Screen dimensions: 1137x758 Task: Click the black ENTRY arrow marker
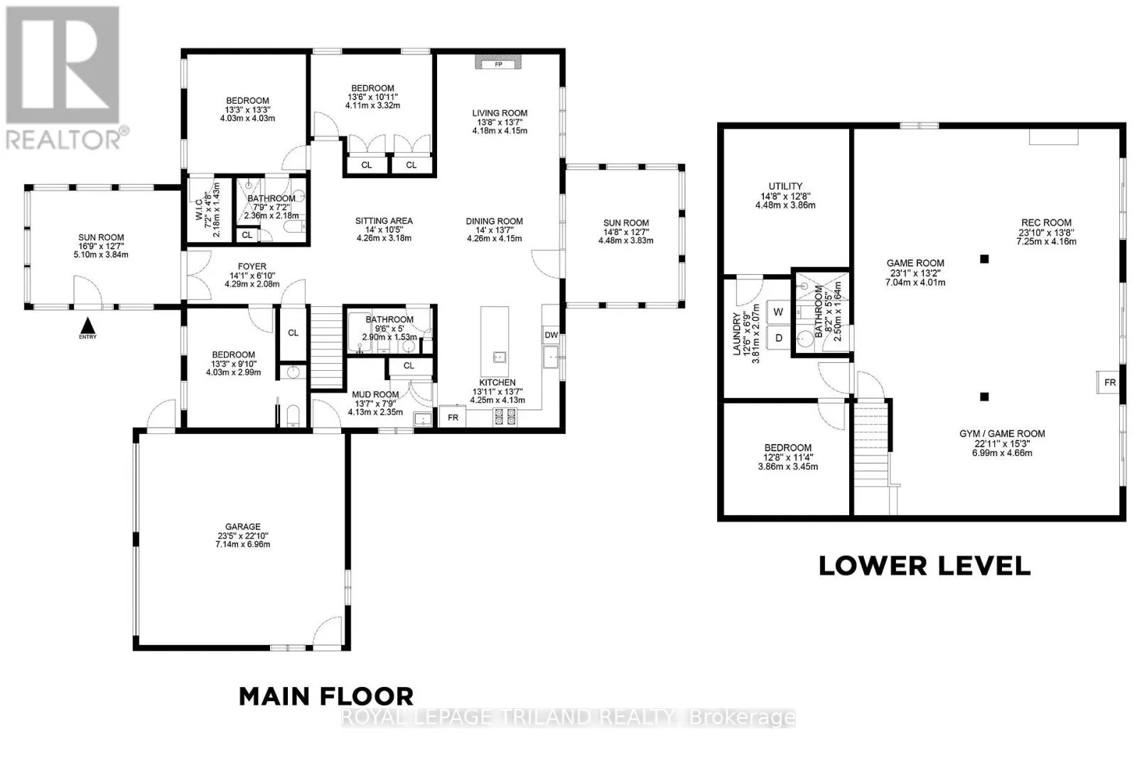pos(88,325)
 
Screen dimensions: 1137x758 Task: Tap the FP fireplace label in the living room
pos(498,65)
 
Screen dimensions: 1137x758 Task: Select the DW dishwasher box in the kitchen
pos(551,335)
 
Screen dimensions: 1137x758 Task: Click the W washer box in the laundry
pos(778,312)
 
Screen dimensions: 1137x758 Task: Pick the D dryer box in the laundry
pos(778,338)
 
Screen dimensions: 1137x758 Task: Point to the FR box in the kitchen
pos(452,416)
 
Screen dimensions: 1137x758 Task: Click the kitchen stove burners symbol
pos(505,417)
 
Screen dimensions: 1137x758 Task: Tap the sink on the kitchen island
pos(500,358)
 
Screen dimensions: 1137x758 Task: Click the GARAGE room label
pos(242,526)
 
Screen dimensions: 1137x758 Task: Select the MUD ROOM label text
pos(375,394)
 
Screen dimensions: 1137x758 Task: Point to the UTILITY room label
pos(785,186)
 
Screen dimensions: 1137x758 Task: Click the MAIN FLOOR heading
pos(326,696)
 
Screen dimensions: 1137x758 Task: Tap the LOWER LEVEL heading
pos(925,565)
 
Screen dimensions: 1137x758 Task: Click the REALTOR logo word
pos(63,139)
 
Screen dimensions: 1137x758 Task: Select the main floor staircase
pos(326,347)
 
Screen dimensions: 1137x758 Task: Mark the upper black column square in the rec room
pos(984,259)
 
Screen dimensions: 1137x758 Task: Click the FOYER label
pos(252,266)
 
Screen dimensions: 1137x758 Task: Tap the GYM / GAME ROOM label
pos(1002,434)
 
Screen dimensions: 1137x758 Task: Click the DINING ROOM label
pos(495,221)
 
